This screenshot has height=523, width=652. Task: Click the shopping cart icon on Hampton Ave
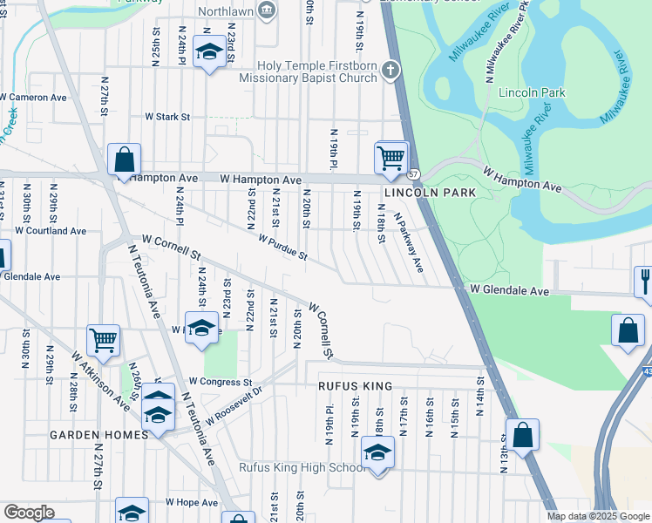pyautogui.click(x=391, y=159)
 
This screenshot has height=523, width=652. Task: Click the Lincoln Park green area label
pyautogui.click(x=532, y=92)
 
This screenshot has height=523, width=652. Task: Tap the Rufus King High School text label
pyautogui.click(x=302, y=468)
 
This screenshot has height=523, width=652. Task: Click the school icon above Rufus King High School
pyautogui.click(x=377, y=452)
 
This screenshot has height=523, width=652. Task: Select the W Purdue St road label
pyautogui.click(x=282, y=247)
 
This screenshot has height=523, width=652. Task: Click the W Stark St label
pyautogui.click(x=167, y=115)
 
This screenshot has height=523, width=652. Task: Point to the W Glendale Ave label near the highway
pyautogui.click(x=510, y=290)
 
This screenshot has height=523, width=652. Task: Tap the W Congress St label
pyautogui.click(x=221, y=382)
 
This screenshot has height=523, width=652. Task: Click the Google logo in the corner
pyautogui.click(x=29, y=513)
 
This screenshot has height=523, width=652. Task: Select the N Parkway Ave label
pyautogui.click(x=408, y=245)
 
